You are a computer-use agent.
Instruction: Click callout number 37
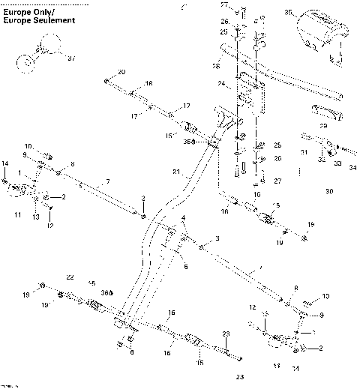[71, 58]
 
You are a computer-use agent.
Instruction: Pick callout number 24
[221, 83]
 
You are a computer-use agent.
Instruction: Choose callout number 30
[328, 192]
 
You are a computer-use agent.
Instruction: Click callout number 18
[148, 83]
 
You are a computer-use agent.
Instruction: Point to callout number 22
[70, 278]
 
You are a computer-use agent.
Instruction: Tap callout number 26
[223, 22]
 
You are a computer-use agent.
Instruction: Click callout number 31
[304, 152]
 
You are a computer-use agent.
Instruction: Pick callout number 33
[335, 163]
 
